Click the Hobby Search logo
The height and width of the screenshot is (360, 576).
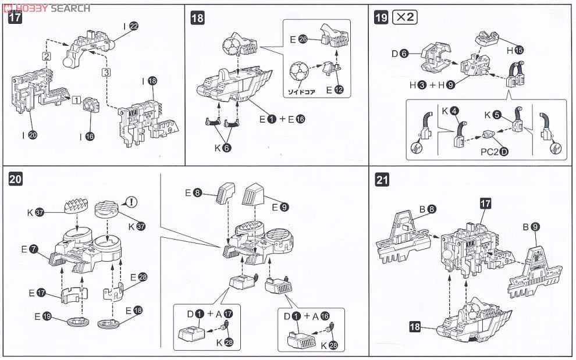pyautogui.click(x=46, y=8)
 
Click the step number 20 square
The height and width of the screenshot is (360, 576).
pyautogui.click(x=16, y=180)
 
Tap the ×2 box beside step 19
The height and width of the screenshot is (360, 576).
pyautogui.click(x=404, y=17)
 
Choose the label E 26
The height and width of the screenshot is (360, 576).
pyautogui.click(x=298, y=40)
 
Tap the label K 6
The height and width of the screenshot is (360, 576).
pyautogui.click(x=222, y=148)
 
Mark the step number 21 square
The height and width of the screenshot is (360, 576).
pyautogui.click(x=382, y=180)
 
